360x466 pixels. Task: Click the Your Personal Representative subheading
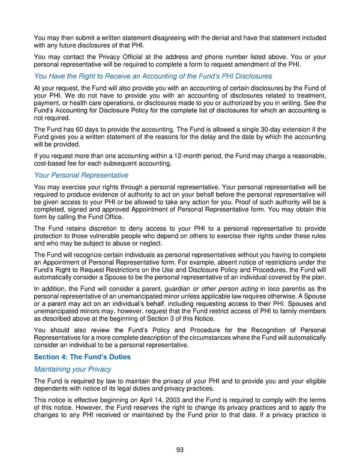click(81, 175)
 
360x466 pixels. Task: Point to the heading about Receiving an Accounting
click(153, 76)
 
